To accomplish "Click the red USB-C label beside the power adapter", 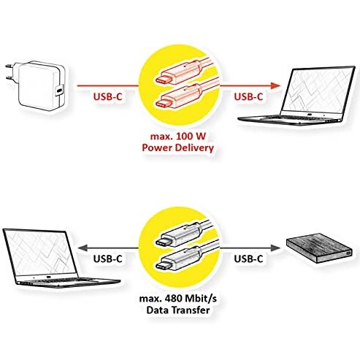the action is tap(107, 96).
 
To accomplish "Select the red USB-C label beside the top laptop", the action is tap(248, 96).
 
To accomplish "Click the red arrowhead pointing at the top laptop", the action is tap(275, 85).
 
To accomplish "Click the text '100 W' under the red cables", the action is tap(191, 137).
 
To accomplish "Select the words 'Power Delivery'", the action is tap(178, 148).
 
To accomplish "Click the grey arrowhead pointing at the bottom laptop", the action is tap(83, 248).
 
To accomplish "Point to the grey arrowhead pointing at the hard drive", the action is tap(275, 248).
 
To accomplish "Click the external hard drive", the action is tap(319, 248).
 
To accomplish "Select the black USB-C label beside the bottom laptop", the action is tap(107, 259).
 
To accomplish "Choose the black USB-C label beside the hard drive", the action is tap(248, 259).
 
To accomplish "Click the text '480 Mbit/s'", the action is tap(191, 299).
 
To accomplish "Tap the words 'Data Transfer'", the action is tap(178, 310).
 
